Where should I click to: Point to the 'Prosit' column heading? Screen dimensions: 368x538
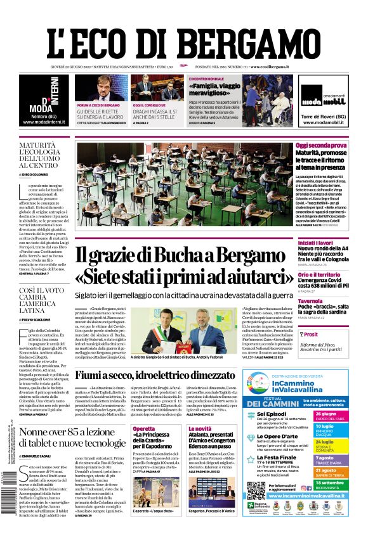[311, 334]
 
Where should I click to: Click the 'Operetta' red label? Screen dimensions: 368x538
[144, 429]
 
